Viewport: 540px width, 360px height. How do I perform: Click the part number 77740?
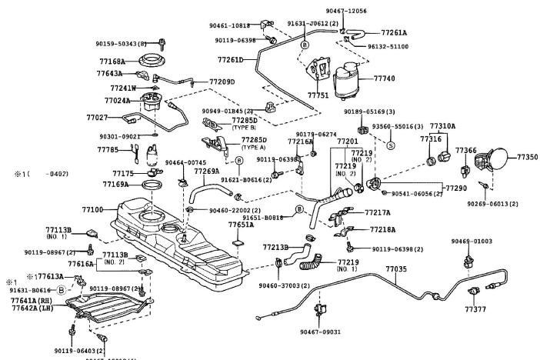point(385,78)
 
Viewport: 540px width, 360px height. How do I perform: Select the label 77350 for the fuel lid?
point(527,157)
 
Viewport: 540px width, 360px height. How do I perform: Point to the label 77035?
point(396,269)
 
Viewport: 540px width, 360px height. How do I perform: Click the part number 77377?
point(475,308)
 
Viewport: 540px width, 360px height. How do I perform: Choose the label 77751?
point(318,95)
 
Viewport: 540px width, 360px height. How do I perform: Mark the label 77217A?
point(378,213)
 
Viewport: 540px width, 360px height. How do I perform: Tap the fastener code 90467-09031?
point(320,332)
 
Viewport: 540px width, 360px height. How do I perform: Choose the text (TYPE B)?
point(245,128)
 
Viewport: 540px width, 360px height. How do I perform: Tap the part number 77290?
point(457,188)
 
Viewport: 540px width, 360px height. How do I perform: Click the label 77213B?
point(275,247)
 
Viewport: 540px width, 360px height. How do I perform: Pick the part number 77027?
point(98,118)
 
